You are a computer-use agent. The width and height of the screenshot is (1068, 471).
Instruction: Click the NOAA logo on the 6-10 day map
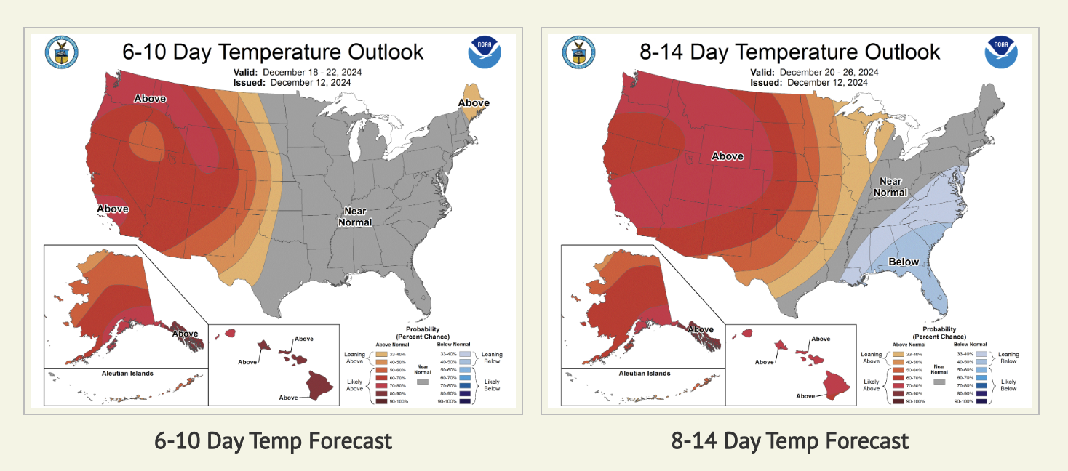click(x=484, y=52)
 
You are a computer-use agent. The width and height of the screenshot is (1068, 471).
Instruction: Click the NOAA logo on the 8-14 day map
click(x=1000, y=52)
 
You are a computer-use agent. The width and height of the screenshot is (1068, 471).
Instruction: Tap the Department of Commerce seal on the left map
click(x=62, y=52)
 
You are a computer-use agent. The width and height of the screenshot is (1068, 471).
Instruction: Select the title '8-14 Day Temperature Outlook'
click(x=789, y=52)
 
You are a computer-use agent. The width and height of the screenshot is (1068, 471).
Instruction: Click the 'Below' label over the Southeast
click(x=903, y=262)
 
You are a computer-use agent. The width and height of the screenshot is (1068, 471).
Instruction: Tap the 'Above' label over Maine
click(x=474, y=103)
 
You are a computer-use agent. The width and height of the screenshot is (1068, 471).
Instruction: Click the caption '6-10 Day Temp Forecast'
click(x=273, y=440)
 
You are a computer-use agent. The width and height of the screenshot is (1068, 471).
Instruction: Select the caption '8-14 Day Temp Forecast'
click(x=789, y=440)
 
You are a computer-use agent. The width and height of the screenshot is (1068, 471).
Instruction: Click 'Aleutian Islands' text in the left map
click(x=127, y=374)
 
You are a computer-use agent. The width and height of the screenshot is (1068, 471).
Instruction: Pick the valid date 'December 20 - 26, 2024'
click(x=829, y=73)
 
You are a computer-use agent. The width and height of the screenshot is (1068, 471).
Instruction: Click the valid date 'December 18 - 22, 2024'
click(x=312, y=73)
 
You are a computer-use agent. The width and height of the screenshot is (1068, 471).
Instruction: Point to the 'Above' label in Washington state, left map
click(x=150, y=99)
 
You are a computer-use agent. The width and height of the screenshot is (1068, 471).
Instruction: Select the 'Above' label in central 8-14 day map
click(x=727, y=156)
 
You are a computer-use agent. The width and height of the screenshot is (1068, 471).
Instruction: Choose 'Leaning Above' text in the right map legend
click(x=872, y=358)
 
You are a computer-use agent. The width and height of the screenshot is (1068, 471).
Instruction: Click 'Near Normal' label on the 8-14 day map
click(x=890, y=187)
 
